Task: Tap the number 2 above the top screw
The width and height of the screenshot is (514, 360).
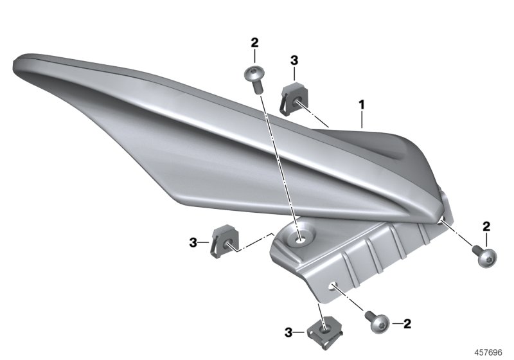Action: point(254,42)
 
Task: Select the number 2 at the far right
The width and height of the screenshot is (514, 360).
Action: point(486,226)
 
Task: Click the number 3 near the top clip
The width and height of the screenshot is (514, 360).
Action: point(294,60)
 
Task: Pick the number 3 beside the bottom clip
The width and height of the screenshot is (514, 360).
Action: point(290,332)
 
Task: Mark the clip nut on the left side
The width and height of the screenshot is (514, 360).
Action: point(222,239)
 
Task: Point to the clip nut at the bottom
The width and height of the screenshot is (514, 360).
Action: point(320,332)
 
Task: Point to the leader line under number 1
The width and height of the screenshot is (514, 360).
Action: point(362,119)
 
